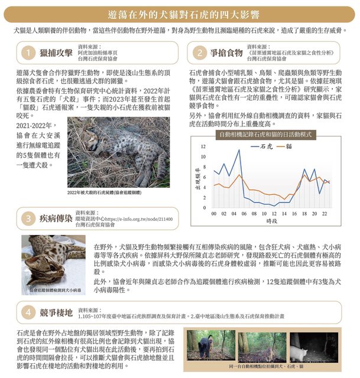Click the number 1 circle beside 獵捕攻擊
point(27,53)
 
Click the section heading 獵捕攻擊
point(56,53)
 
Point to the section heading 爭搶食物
point(226,53)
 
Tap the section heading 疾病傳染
point(56,218)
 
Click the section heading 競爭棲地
point(56,311)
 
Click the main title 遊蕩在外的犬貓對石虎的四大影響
point(180,13)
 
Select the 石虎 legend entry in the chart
point(265,145)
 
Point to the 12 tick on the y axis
point(203,146)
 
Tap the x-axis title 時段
point(271,221)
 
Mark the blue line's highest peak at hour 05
point(239,150)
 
